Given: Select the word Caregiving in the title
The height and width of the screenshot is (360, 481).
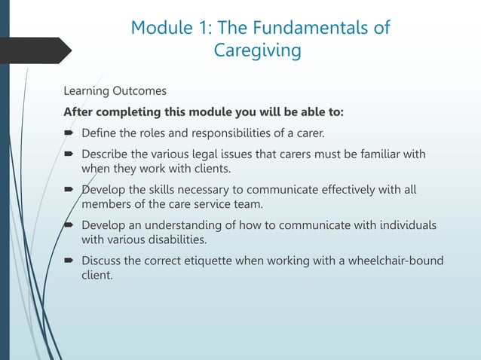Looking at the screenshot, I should point(257,51).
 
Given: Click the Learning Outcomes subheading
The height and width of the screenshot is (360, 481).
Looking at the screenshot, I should point(115,91).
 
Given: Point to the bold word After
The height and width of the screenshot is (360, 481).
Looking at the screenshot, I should point(80,113).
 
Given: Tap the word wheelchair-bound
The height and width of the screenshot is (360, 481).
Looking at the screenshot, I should point(392,261).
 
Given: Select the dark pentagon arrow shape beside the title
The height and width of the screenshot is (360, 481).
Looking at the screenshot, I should point(34,50).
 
